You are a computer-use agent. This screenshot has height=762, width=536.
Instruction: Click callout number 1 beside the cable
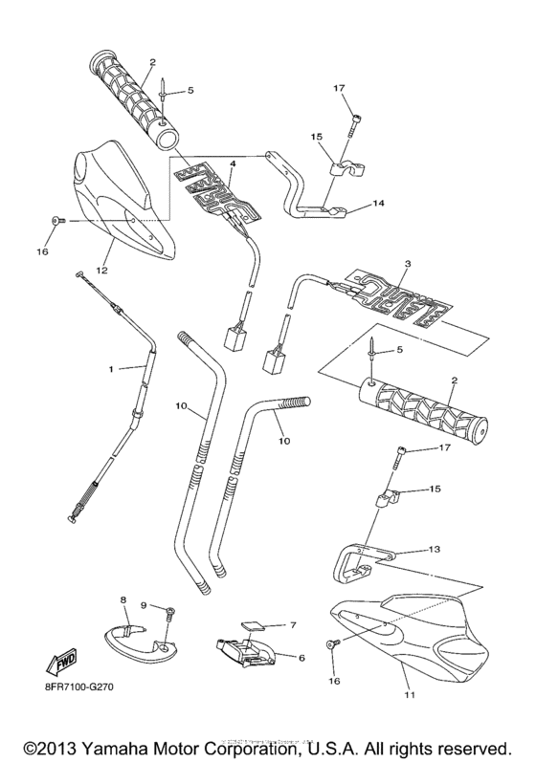pyautogui.click(x=111, y=368)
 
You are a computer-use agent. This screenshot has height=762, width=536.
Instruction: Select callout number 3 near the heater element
pyautogui.click(x=408, y=263)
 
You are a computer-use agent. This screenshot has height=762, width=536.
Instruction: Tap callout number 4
pyautogui.click(x=232, y=164)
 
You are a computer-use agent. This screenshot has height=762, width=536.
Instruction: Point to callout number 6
pyautogui.click(x=301, y=658)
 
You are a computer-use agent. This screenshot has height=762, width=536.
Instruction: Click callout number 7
pyautogui.click(x=295, y=624)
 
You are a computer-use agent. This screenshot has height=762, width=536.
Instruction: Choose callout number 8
pyautogui.click(x=123, y=600)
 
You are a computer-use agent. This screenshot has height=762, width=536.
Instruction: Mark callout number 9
pyautogui.click(x=145, y=605)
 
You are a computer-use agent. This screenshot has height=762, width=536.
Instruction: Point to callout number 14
pyautogui.click(x=378, y=204)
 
